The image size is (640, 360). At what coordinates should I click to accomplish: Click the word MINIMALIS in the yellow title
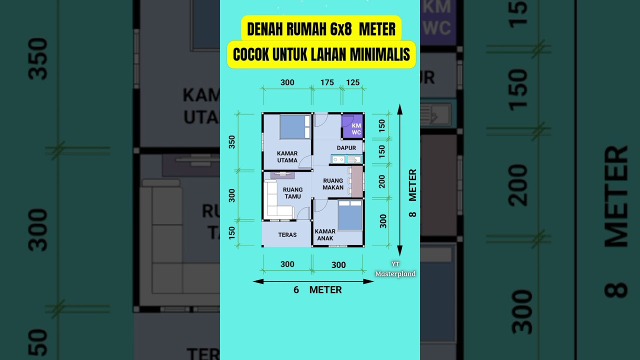(379, 55)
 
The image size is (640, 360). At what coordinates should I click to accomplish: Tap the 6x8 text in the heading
(341, 29)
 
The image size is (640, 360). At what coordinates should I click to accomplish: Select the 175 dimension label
(327, 82)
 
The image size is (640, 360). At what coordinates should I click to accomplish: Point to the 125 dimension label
(353, 82)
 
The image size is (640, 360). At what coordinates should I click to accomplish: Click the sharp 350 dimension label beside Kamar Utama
(232, 142)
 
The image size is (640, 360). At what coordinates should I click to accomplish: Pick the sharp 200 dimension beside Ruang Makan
(382, 181)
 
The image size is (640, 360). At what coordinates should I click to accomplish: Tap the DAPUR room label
(346, 148)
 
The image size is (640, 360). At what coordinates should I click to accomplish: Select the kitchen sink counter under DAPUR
(346, 159)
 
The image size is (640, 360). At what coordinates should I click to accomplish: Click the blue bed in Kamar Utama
(295, 127)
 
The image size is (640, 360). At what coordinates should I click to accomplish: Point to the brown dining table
(357, 181)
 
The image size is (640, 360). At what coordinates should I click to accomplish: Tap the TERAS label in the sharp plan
(287, 234)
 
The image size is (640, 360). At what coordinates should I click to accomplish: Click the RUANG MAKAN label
(333, 184)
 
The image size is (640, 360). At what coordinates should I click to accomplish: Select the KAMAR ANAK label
(325, 235)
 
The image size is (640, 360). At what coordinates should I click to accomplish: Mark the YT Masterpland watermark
(395, 269)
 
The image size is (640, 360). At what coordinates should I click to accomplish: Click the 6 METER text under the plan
(318, 290)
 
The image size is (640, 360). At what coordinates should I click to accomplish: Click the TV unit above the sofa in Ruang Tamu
(282, 174)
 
